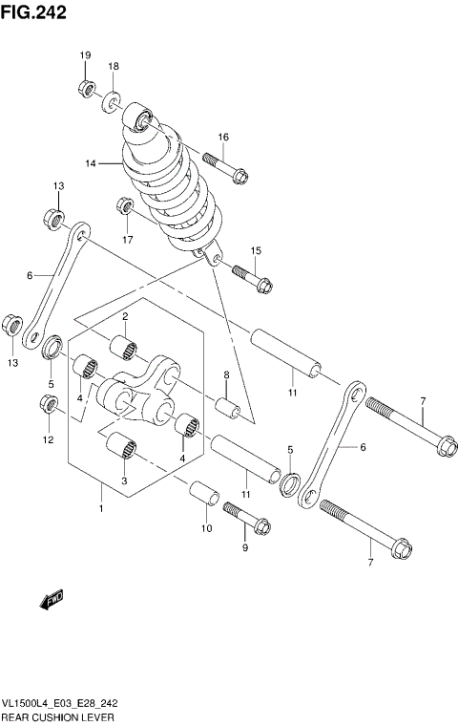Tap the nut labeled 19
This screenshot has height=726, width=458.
(85, 89)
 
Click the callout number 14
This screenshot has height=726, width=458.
(92, 163)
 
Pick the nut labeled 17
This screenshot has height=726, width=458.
(123, 204)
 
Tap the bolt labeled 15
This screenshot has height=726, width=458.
(252, 279)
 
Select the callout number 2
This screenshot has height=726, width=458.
(124, 316)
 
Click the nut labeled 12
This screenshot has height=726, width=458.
(49, 406)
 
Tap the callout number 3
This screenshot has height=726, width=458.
(124, 481)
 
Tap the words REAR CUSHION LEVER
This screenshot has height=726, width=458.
(58, 715)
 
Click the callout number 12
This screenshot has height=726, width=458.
(49, 439)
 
